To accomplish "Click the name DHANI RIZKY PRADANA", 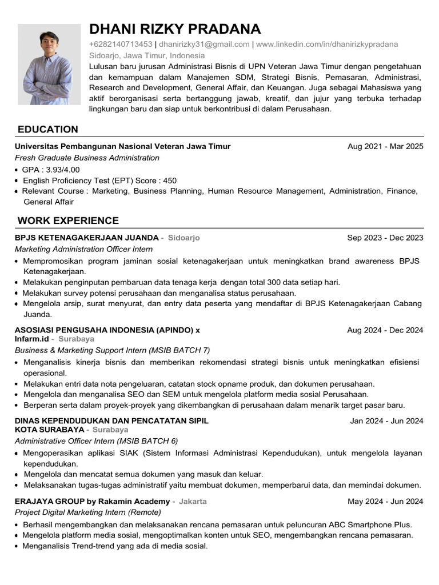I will pyautogui.click(x=175, y=29).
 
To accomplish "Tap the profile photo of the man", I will pyautogui.click(x=49, y=64).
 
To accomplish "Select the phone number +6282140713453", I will pyautogui.click(x=121, y=45).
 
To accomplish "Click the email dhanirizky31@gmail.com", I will pyautogui.click(x=204, y=45).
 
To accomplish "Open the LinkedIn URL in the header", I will pyautogui.click(x=327, y=45).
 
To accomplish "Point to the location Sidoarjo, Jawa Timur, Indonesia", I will pyautogui.click(x=147, y=55).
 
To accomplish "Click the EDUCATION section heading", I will pyautogui.click(x=48, y=130).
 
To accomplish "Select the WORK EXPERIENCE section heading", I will pyautogui.click(x=68, y=221).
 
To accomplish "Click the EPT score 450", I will pyautogui.click(x=170, y=181).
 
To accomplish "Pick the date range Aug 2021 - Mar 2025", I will pyautogui.click(x=385, y=147).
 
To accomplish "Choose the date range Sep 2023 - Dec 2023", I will pyautogui.click(x=385, y=238).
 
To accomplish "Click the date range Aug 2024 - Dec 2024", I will pyautogui.click(x=385, y=330).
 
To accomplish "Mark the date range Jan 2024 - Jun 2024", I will pyautogui.click(x=386, y=422).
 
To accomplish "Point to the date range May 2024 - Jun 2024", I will pyautogui.click(x=385, y=502).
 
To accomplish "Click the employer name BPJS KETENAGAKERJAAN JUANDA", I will pyautogui.click(x=86, y=238).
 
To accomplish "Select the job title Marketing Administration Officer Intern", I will pyautogui.click(x=83, y=249).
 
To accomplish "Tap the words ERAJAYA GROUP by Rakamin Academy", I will pyautogui.click(x=92, y=502).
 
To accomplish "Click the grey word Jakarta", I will pyautogui.click(x=193, y=502).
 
